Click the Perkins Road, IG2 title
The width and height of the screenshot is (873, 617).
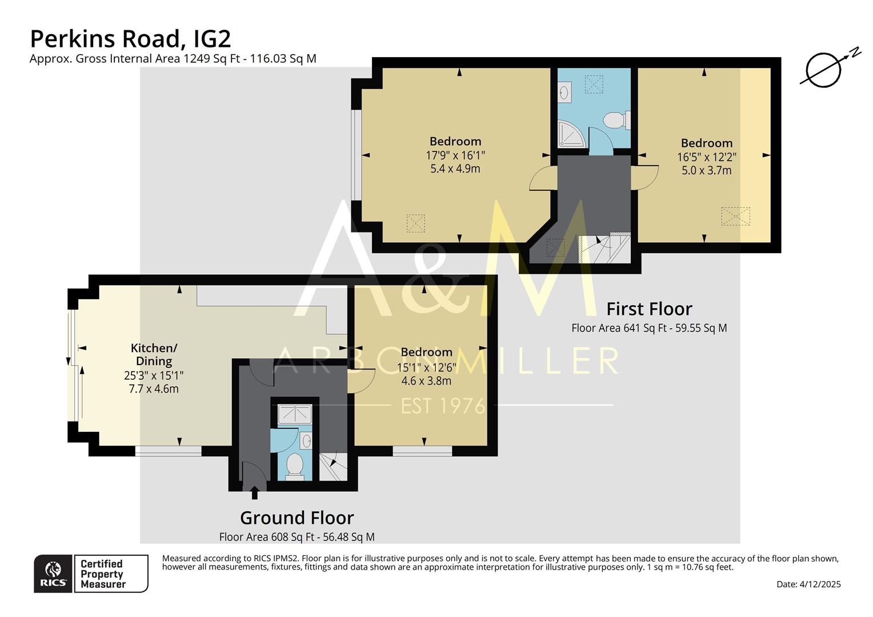coord(130,39)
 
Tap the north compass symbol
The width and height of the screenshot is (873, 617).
coord(823,70)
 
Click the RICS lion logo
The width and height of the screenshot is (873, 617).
coord(53,573)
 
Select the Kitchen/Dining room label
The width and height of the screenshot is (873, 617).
coord(154,354)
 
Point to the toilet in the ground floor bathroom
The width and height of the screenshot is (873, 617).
coord(295,464)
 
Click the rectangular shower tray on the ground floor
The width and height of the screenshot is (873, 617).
coord(295,415)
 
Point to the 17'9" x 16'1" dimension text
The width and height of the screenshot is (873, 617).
coord(455,155)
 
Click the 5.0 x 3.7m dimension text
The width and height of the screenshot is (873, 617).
coord(706,170)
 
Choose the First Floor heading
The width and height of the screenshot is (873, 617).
coord(649,309)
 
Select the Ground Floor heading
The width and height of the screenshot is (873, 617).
coord(297,518)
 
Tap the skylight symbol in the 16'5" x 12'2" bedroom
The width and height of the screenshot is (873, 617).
coord(735,216)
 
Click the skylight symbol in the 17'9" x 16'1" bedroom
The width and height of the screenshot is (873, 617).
coord(415,223)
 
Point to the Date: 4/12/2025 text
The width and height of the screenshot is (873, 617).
coord(808,584)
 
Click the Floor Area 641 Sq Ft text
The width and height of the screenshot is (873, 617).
coord(649,328)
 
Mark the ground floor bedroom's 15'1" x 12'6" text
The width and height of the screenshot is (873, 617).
coord(426,367)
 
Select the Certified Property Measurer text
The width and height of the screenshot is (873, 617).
coord(103,574)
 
